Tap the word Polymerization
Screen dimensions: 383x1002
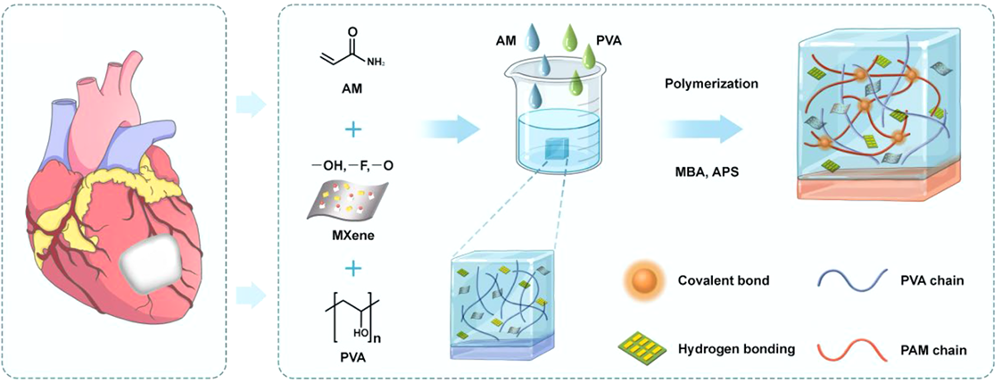click(x=711, y=84)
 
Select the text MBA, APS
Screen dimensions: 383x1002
click(x=707, y=172)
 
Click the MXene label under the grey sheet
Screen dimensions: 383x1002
click(x=353, y=235)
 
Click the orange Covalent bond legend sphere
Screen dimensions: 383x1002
click(x=644, y=280)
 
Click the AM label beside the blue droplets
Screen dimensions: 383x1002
click(x=506, y=41)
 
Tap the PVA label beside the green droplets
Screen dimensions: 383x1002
click(x=609, y=41)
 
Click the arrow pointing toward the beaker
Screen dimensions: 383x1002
click(x=451, y=129)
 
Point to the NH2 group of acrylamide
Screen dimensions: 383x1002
click(x=375, y=62)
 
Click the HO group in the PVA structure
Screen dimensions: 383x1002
click(x=361, y=333)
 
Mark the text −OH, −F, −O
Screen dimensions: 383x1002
click(x=353, y=166)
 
